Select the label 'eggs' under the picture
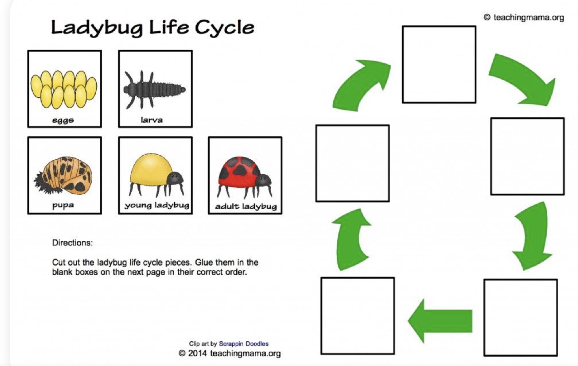[63, 120]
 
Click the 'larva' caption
[152, 120]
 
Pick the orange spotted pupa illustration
[63, 175]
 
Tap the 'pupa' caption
[63, 205]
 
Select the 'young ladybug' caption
[157, 205]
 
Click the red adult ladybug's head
[264, 180]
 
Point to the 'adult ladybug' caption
[246, 206]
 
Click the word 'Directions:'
[72, 243]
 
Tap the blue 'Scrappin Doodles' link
[244, 344]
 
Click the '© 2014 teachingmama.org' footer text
[230, 354]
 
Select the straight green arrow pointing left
[440, 321]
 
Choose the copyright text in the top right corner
[524, 18]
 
